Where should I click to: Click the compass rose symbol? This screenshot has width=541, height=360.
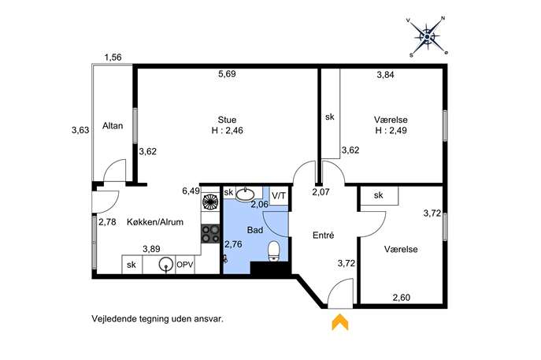pos(427,36)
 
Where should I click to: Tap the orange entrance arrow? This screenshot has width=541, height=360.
pos(340,322)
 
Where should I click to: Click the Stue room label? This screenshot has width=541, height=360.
pos(227,120)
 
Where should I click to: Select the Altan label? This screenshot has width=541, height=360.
pos(113,125)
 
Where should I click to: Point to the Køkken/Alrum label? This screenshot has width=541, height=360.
pos(155,222)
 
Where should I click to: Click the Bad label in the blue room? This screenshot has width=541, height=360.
pos(255,230)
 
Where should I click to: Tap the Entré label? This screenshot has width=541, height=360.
pos(324,236)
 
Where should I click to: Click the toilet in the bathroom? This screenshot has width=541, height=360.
pos(274,251)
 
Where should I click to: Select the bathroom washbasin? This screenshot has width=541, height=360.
pos(246,194)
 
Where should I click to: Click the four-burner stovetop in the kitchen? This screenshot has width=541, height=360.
pos(210,234)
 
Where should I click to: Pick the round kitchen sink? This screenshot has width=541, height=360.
pos(165,265)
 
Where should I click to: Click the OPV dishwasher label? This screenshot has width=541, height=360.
pos(185,265)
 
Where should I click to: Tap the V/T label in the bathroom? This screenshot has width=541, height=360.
pos(279,195)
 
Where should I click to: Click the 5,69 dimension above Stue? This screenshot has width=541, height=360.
pos(227,74)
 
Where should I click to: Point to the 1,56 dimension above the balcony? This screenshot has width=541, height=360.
pos(113,57)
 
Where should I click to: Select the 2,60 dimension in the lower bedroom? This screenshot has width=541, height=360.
pos(402,297)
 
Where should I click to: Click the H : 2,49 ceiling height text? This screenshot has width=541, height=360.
pos(391,131)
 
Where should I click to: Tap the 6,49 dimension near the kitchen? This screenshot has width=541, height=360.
pos(191,191)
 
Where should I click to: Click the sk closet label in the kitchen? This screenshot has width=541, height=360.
pos(131,265)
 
